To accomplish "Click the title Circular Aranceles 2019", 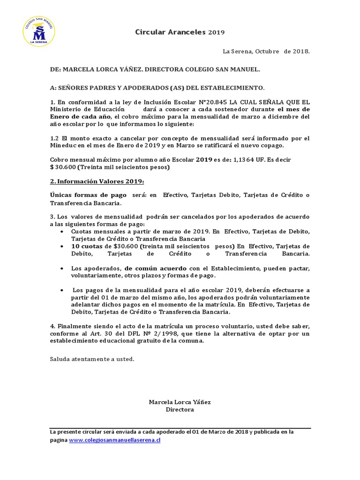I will click(180, 32).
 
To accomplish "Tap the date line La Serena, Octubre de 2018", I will click(266, 51).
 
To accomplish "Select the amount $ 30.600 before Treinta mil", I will click(62, 167).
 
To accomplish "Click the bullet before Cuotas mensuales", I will click(63, 232).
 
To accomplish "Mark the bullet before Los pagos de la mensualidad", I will click(63, 290).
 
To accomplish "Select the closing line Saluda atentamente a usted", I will click(92, 359).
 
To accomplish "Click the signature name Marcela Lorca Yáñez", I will click(180, 402).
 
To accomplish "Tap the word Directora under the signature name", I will click(180, 410).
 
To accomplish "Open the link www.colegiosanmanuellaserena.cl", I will click(115, 441).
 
